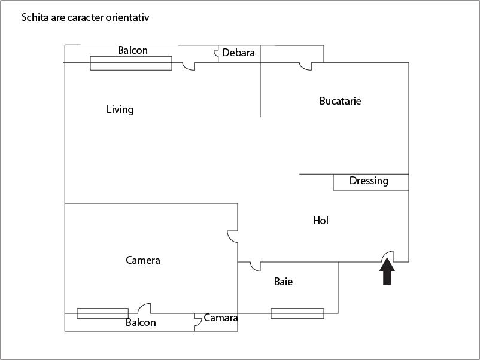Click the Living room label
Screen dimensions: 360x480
pos(120,109)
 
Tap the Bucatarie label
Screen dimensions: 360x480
pos(340,101)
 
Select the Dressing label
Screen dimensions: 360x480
pos(369,181)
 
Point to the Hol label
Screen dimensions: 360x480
pos(321,221)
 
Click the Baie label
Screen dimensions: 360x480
pos(283,282)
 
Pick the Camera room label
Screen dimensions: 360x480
pos(143,260)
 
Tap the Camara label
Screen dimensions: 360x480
pos(221,318)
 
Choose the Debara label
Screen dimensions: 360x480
pos(238,53)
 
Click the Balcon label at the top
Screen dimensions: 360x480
pos(132,50)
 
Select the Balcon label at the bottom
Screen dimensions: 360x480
pos(141,322)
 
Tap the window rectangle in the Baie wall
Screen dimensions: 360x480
pos(297,313)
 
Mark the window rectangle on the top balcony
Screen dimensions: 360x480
pos(130,63)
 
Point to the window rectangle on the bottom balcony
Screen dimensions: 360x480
pos(102,313)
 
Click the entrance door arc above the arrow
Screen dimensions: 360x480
pos(387,255)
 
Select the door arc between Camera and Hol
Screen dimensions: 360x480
pos(232,237)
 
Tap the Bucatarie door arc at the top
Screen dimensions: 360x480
pos(306,66)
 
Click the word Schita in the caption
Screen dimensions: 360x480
pos(35,17)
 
